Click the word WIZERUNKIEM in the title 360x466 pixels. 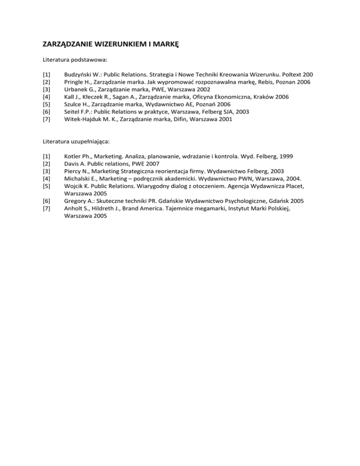pyautogui.click(x=118, y=45)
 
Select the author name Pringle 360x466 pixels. pyautogui.click(x=74, y=82)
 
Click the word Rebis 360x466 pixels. pyautogui.click(x=262, y=82)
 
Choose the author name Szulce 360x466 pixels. pyautogui.click(x=73, y=105)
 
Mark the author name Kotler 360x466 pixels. pyautogui.click(x=73, y=156)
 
